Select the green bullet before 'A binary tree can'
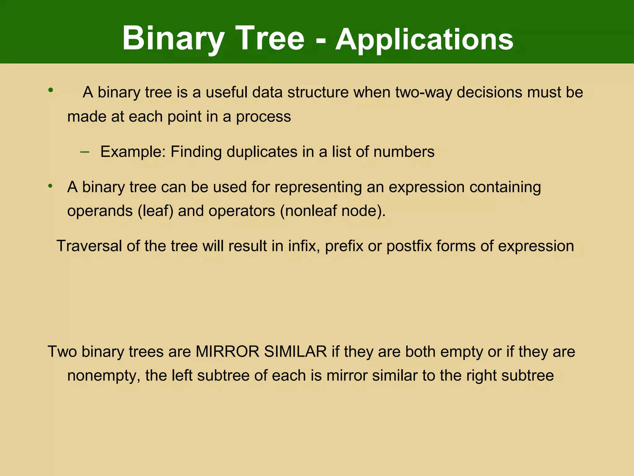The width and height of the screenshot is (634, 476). pyautogui.click(x=51, y=186)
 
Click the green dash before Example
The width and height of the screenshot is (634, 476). pyautogui.click(x=85, y=152)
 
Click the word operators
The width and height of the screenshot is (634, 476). pyautogui.click(x=242, y=211)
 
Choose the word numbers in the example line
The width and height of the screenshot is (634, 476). pyautogui.click(x=404, y=152)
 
